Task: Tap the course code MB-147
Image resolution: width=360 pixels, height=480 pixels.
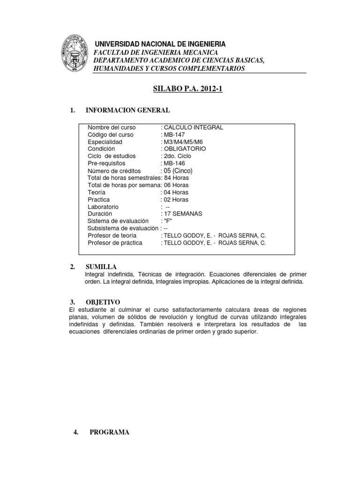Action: pyautogui.click(x=174, y=135)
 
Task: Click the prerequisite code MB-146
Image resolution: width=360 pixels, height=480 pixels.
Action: pyautogui.click(x=174, y=163)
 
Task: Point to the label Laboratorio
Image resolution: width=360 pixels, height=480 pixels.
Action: pyautogui.click(x=103, y=206)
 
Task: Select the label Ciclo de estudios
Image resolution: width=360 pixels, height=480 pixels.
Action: pyautogui.click(x=112, y=156)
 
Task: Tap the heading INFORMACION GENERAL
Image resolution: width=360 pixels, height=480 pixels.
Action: pyautogui.click(x=127, y=110)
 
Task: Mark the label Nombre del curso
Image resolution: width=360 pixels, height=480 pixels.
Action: pyautogui.click(x=111, y=127)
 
